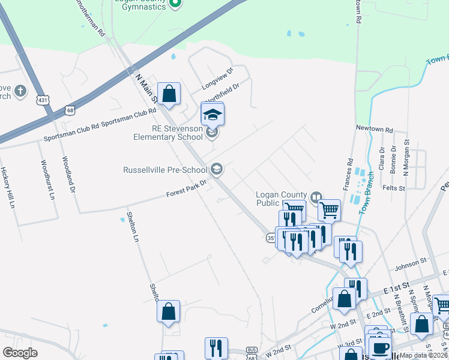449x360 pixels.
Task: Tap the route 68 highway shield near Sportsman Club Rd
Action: [70, 110]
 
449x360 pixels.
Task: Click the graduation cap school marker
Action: [212, 113]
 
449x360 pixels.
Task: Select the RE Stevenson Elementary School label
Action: [168, 133]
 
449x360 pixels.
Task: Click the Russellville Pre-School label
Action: [165, 170]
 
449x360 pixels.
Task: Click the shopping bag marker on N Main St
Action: [169, 94]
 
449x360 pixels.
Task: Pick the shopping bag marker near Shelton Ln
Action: [169, 311]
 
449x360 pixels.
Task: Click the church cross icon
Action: [20, 91]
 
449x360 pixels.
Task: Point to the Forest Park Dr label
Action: [186, 190]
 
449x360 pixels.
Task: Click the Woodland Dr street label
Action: [68, 175]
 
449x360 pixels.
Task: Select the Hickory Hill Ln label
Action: [8, 188]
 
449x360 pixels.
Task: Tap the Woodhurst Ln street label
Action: [47, 179]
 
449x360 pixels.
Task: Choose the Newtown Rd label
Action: [373, 129]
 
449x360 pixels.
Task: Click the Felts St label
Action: [394, 188]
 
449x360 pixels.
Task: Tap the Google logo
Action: [20, 352]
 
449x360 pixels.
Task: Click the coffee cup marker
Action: [381, 348]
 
